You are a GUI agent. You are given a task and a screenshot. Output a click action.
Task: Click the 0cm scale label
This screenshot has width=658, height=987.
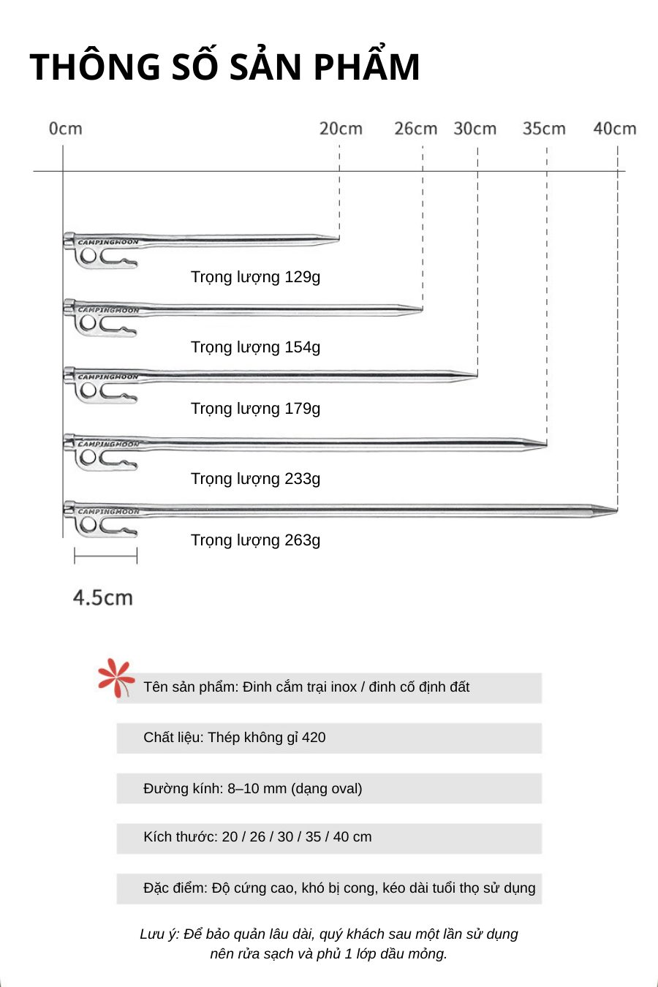[66, 129]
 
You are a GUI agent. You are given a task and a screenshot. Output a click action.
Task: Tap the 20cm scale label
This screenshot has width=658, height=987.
[341, 129]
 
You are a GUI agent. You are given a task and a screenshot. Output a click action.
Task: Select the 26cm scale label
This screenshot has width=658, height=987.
[415, 129]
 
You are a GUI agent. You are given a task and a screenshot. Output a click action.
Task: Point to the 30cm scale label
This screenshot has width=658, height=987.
[474, 129]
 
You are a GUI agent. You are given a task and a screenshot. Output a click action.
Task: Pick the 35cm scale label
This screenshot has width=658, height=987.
[544, 129]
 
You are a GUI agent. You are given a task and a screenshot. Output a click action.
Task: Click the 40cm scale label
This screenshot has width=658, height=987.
[614, 129]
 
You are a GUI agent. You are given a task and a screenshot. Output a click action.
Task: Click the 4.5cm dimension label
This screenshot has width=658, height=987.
[103, 597]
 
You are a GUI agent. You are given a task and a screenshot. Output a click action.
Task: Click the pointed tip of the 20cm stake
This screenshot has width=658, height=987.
[337, 238]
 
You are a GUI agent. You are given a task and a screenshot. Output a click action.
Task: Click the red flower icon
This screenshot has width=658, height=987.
[116, 678]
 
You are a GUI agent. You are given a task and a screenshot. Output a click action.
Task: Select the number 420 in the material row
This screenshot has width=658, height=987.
[314, 738]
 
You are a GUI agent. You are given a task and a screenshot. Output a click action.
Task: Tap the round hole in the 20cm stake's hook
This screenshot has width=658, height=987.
[88, 256]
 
